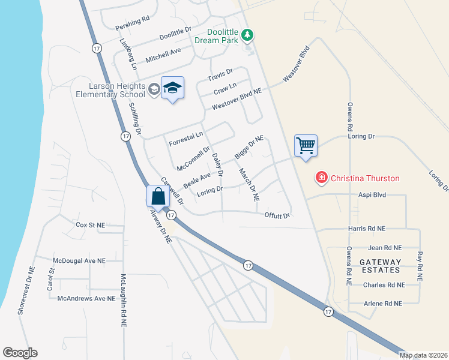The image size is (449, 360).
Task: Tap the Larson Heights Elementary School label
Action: click(x=110, y=90)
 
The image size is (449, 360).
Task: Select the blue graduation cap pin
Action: click(x=173, y=89)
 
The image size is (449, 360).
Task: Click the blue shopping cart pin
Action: click(x=306, y=146)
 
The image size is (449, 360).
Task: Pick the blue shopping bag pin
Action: click(x=158, y=196)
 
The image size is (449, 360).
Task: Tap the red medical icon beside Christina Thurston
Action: click(x=322, y=178)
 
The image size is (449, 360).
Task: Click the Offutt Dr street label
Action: click(x=277, y=215)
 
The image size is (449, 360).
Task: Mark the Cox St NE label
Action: click(x=91, y=225)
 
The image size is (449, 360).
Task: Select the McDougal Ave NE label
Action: click(x=79, y=261)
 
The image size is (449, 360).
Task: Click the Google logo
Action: click(x=20, y=353)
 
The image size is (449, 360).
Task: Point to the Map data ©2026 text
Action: click(x=423, y=355)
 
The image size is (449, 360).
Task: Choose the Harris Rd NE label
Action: click(x=366, y=229)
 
